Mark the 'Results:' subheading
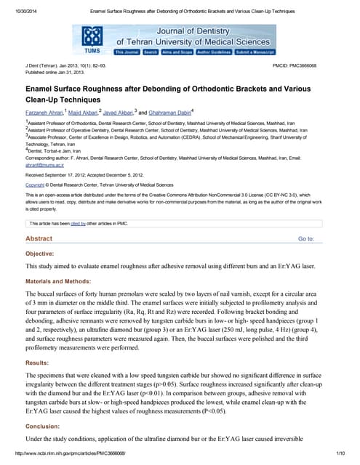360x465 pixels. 37,361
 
